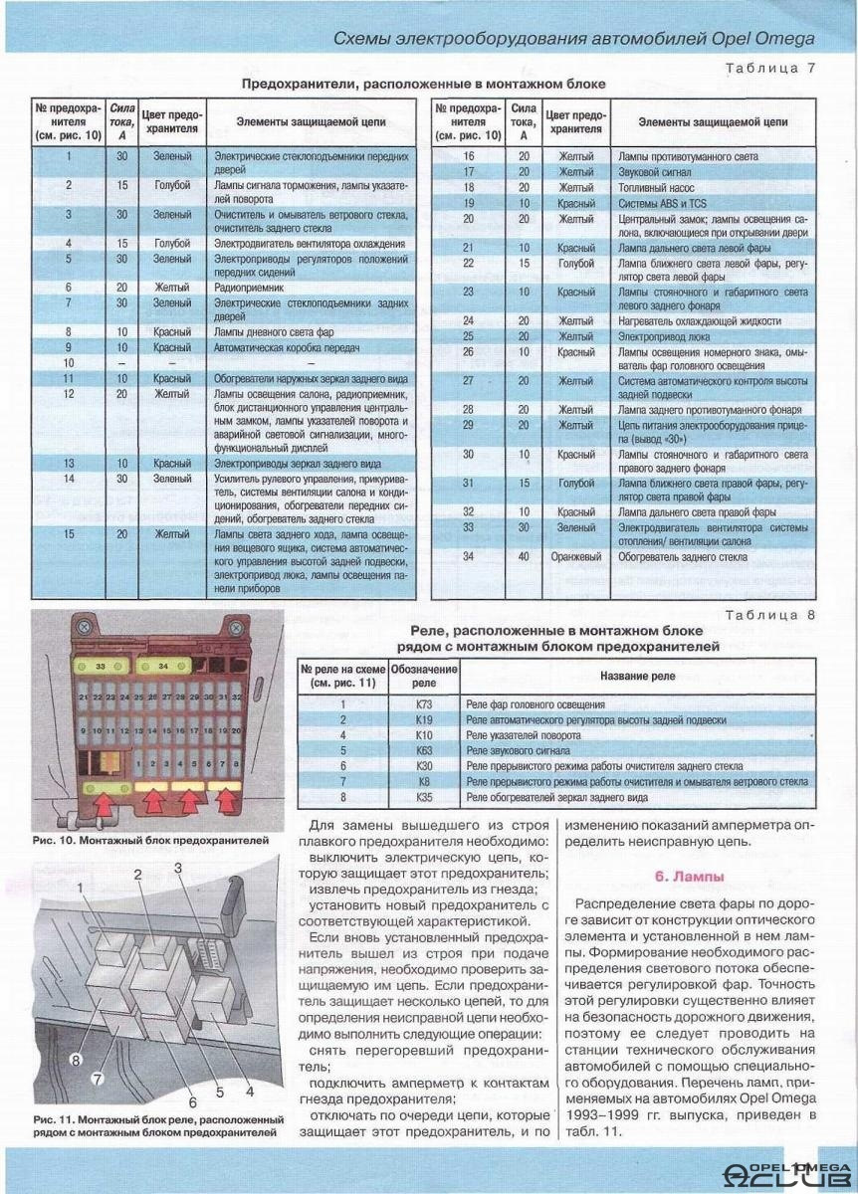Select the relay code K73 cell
(425, 703)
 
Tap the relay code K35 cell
(425, 798)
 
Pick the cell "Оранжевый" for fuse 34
(577, 557)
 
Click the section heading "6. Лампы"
(689, 877)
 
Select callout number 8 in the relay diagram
(75, 1061)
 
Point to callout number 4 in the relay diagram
(249, 1091)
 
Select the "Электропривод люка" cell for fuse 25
(658, 336)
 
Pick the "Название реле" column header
(636, 677)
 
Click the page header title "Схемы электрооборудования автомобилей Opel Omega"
(572, 39)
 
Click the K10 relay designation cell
(425, 734)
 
